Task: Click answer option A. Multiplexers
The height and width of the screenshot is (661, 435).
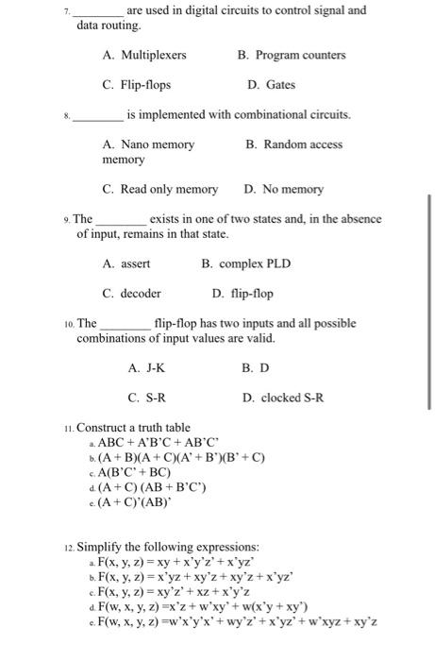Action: click(x=144, y=56)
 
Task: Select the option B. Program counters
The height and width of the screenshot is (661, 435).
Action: click(x=292, y=56)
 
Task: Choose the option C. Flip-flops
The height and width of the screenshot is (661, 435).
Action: click(x=137, y=85)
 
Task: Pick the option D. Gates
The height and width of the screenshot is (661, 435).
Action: click(x=271, y=85)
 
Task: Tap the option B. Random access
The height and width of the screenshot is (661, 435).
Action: click(x=293, y=144)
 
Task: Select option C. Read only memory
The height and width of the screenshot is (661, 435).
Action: click(x=159, y=189)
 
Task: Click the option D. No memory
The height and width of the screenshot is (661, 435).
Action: click(x=283, y=189)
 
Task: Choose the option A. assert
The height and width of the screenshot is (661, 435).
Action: click(x=126, y=263)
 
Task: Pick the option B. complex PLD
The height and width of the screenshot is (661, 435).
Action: click(x=247, y=263)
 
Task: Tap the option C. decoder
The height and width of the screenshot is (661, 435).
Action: click(x=131, y=293)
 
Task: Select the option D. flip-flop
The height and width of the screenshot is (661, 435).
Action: click(x=244, y=293)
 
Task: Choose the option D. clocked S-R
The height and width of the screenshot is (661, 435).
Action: click(x=282, y=398)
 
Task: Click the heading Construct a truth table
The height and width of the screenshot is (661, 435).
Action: click(x=133, y=428)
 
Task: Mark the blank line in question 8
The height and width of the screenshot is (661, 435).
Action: click(x=97, y=116)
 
